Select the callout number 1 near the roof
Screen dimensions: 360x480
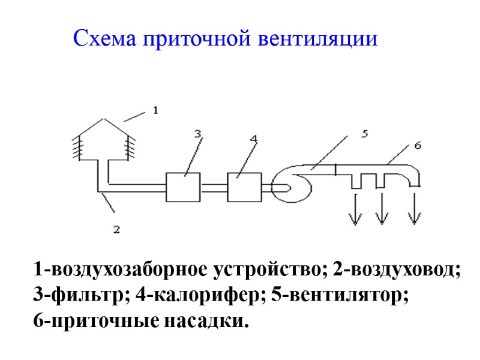[155, 110]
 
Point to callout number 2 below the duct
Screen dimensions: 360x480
[117, 229]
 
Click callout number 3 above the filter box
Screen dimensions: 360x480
[197, 134]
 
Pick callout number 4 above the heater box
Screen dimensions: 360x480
[254, 139]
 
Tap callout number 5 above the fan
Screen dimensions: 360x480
[364, 134]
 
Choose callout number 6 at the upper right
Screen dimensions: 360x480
[418, 145]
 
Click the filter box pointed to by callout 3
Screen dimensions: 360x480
[183, 187]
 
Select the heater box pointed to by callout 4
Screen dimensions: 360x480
[244, 187]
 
